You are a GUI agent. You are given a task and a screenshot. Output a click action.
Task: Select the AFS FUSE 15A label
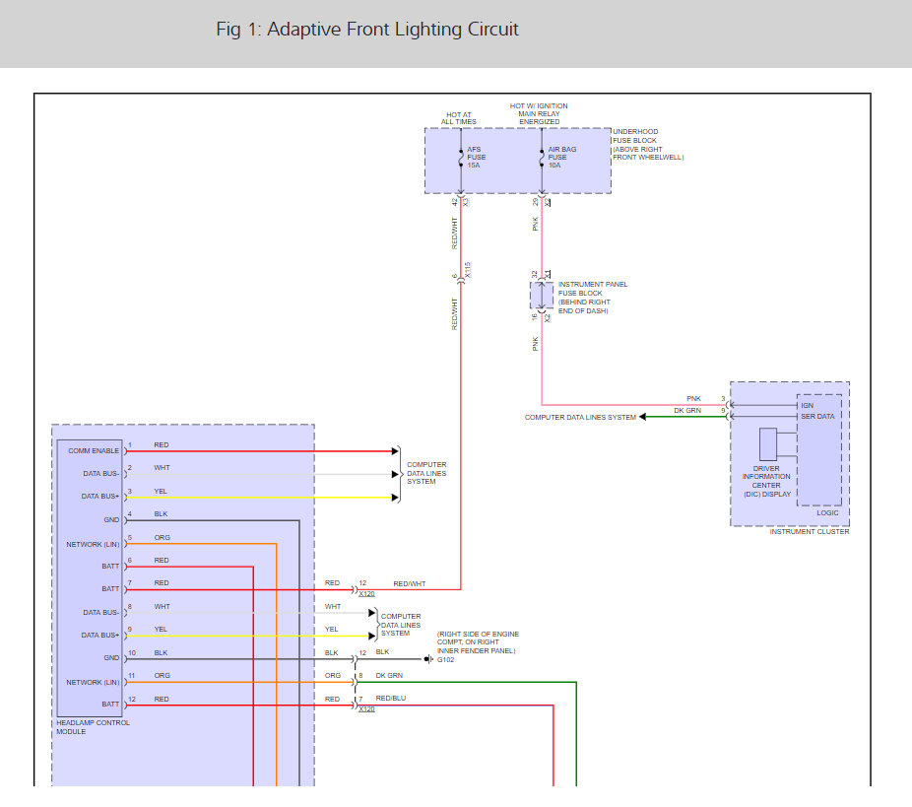[x=476, y=157]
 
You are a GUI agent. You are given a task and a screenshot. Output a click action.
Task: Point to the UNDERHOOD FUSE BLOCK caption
[x=648, y=144]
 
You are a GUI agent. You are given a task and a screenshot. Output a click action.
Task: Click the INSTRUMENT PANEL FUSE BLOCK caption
[x=593, y=298]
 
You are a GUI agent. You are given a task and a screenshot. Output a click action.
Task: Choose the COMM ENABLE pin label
[x=94, y=450]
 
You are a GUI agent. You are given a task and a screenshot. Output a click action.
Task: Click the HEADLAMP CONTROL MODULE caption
[x=94, y=727]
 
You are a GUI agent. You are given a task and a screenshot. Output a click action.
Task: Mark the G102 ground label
[x=446, y=659]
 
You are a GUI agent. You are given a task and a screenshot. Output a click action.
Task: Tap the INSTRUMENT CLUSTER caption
[x=811, y=532]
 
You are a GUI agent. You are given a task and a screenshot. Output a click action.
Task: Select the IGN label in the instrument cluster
[x=808, y=405]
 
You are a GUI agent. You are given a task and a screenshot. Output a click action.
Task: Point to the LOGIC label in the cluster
[x=827, y=512]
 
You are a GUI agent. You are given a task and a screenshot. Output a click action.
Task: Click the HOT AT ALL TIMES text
[x=459, y=118]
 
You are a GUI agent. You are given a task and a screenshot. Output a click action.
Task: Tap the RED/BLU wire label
[x=390, y=698]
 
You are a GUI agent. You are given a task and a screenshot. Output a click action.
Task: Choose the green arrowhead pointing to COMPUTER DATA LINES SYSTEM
[x=645, y=417]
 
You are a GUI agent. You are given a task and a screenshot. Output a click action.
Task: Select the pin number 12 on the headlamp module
[x=129, y=699]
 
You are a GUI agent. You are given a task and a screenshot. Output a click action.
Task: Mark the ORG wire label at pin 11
[x=162, y=676]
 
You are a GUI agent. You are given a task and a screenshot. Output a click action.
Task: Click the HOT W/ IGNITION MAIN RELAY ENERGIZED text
[x=539, y=114]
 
